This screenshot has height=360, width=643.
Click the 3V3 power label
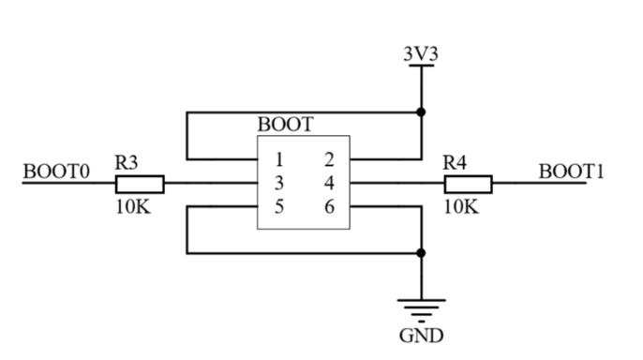pyautogui.click(x=421, y=54)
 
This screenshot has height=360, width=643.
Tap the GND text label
pyautogui.click(x=421, y=336)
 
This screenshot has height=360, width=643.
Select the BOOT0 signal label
pyautogui.click(x=56, y=172)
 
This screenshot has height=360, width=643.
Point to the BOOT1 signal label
pyautogui.click(x=571, y=172)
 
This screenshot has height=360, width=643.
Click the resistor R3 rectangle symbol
pyautogui.click(x=140, y=184)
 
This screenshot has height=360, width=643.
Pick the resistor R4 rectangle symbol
pyautogui.click(x=469, y=184)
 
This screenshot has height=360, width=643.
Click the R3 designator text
pyautogui.click(x=127, y=163)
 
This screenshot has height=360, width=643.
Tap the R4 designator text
pyautogui.click(x=455, y=163)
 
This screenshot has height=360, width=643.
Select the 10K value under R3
pyautogui.click(x=133, y=206)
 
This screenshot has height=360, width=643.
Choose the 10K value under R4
pyautogui.click(x=461, y=206)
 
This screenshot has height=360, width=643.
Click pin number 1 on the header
pyautogui.click(x=279, y=159)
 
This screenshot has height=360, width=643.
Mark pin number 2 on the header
pyautogui.click(x=329, y=159)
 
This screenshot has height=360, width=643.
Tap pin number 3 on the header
pyautogui.click(x=279, y=183)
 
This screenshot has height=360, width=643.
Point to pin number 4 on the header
pyautogui.click(x=329, y=183)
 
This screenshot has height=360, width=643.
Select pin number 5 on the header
pyautogui.click(x=279, y=206)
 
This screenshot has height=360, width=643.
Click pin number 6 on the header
pyautogui.click(x=329, y=206)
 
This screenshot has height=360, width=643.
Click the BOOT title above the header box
pyautogui.click(x=285, y=125)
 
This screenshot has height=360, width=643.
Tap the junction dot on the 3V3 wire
pyautogui.click(x=421, y=112)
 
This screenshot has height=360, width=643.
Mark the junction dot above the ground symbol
pyautogui.click(x=421, y=253)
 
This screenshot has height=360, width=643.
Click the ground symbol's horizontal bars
pyautogui.click(x=421, y=311)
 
